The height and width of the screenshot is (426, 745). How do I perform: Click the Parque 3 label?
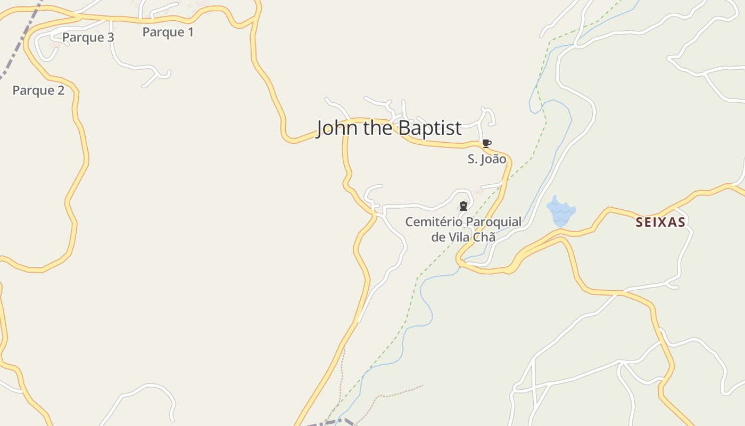(88, 37)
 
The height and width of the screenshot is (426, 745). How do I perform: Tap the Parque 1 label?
(168, 32)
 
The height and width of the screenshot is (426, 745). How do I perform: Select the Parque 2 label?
(38, 91)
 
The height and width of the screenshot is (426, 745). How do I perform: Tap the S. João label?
(486, 159)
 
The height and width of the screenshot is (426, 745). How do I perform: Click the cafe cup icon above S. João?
(486, 143)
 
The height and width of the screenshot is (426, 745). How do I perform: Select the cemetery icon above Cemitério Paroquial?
(463, 206)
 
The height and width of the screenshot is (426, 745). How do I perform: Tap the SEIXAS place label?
(660, 223)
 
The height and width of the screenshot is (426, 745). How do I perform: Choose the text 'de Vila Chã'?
(463, 237)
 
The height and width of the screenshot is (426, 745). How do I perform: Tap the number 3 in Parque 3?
(110, 37)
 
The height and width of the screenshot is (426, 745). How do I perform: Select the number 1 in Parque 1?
(190, 32)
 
